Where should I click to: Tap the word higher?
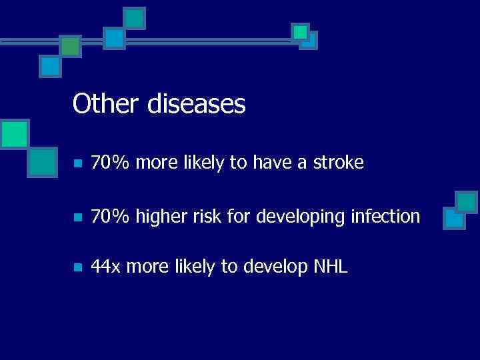[153, 217]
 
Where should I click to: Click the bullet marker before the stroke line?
[77, 163]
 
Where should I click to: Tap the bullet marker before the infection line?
[77, 217]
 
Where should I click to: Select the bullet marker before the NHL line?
[77, 268]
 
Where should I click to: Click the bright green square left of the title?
[13, 133]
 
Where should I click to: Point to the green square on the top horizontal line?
[70, 45]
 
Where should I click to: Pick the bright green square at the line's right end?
[301, 31]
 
